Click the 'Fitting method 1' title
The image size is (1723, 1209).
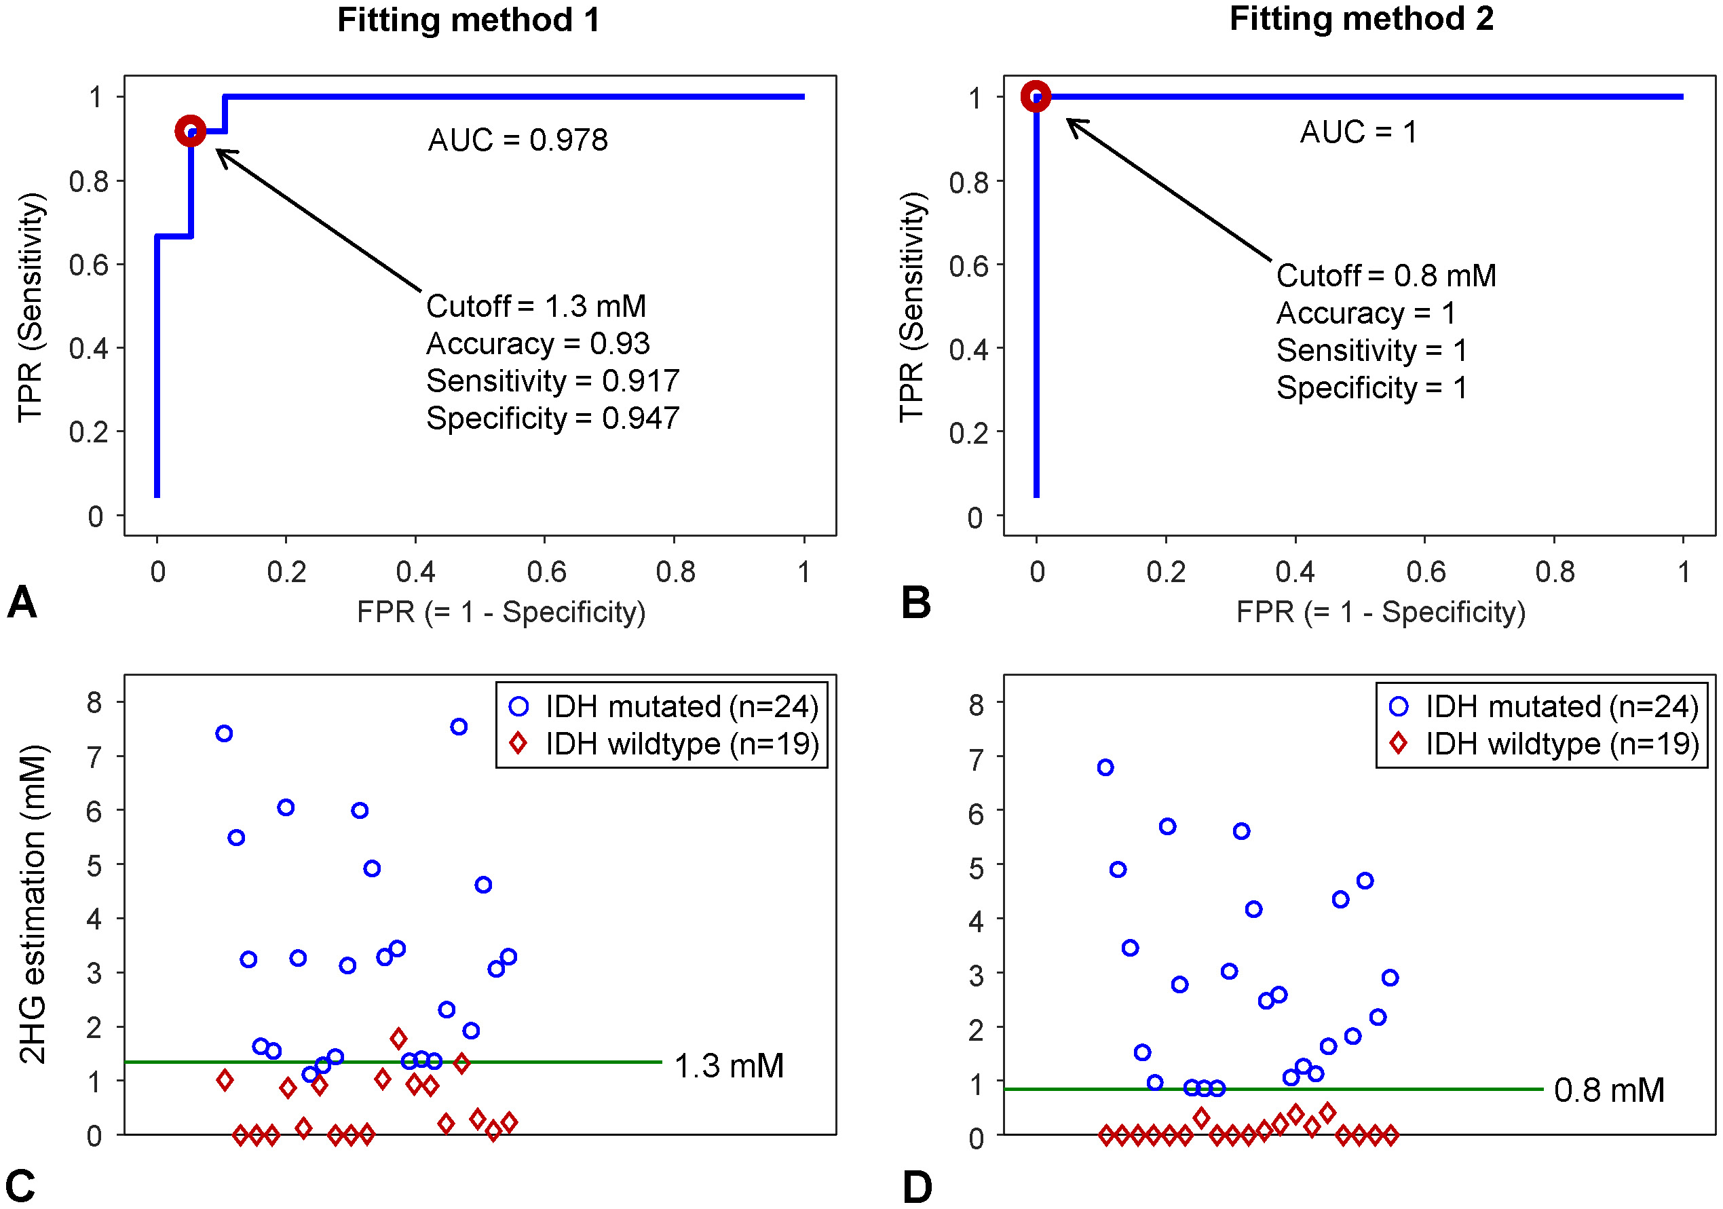pyautogui.click(x=468, y=20)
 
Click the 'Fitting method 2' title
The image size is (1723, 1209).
pyautogui.click(x=1361, y=19)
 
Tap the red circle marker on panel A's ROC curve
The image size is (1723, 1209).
pyautogui.click(x=191, y=132)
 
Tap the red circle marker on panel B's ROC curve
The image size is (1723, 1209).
pyautogui.click(x=1036, y=96)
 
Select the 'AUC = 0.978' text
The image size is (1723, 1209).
pyautogui.click(x=518, y=140)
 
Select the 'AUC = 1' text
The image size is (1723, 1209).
pyautogui.click(x=1359, y=133)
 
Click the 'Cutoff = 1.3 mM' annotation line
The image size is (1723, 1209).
pyautogui.click(x=536, y=306)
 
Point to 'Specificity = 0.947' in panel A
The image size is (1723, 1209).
pyautogui.click(x=552, y=419)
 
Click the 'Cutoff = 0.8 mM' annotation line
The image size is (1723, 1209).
pyautogui.click(x=1386, y=276)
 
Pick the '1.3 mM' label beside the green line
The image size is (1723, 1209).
pyautogui.click(x=729, y=1067)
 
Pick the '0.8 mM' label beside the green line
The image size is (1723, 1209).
pyautogui.click(x=1609, y=1090)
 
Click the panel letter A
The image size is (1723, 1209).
pyautogui.click(x=22, y=602)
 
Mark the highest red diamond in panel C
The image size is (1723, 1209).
pyautogui.click(x=398, y=1039)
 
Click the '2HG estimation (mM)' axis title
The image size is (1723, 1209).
pyautogui.click(x=33, y=904)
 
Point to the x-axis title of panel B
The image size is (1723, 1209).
pyautogui.click(x=1381, y=613)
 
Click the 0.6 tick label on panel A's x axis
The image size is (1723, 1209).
pyautogui.click(x=546, y=573)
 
